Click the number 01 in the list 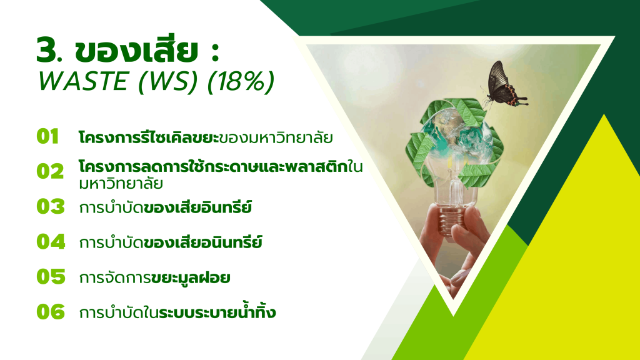pos(47,136)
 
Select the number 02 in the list pos(50,171)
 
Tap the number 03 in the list pos(51,206)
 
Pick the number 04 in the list pos(51,242)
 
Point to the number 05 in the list pos(51,277)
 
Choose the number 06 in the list pos(51,312)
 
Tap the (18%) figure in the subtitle pos(241,82)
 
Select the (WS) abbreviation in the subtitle pos(167,82)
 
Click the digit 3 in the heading pos(46,50)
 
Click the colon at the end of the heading pos(216,51)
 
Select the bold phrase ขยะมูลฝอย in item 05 pos(190,278)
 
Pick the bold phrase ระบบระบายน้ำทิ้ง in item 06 pos(217,311)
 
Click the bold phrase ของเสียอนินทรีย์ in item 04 pos(203,242)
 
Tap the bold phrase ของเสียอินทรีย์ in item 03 pos(198,206)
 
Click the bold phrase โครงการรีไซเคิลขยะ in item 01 pos(149,137)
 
